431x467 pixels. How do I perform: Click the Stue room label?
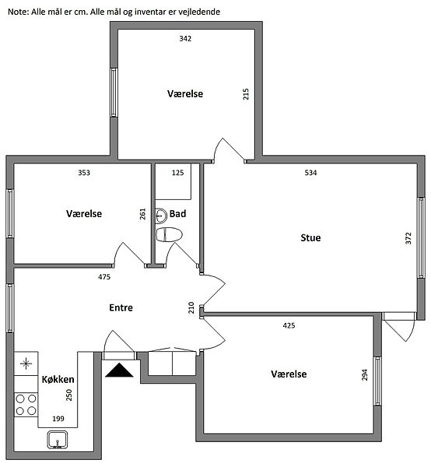tap(310, 237)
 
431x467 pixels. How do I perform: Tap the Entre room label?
tap(121, 307)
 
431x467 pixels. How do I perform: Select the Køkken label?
tap(58, 379)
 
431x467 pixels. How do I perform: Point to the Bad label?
tap(177, 213)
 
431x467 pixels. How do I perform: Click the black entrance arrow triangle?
tap(119, 370)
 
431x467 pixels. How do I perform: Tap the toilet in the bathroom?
tap(169, 235)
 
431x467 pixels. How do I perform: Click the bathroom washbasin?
tap(161, 216)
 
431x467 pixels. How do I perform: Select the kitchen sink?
tap(58, 440)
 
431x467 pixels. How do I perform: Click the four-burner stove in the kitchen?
tap(26, 405)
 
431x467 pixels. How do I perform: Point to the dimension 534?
tap(310, 173)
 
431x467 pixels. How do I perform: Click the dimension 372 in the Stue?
tap(408, 238)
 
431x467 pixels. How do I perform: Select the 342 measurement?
tap(185, 39)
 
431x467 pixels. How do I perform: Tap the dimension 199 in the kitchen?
tap(58, 419)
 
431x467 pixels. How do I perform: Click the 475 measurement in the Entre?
tap(104, 277)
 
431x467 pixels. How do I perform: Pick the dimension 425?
tap(289, 325)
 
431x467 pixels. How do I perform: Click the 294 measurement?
tap(365, 374)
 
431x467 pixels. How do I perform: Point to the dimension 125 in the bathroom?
tap(177, 173)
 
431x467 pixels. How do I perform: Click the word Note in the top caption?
tap(18, 12)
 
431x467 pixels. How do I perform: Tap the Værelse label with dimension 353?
tap(84, 213)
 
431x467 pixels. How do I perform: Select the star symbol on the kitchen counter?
tap(26, 363)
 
